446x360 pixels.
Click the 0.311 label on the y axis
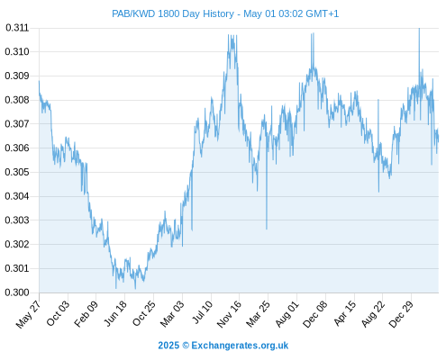point(17,28)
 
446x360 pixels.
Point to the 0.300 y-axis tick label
point(17,292)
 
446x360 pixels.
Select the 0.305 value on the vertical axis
point(17,172)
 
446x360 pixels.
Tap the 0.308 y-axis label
point(17,100)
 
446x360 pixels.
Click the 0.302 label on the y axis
point(17,244)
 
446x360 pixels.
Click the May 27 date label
point(28,314)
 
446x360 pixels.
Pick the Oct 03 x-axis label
point(58,313)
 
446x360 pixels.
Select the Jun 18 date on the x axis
point(115,313)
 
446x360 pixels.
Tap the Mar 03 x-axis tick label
point(171,313)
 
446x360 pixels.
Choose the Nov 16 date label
point(229,314)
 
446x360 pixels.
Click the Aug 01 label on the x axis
point(287,314)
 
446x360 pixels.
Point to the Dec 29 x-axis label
point(400,314)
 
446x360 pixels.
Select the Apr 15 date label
point(344,313)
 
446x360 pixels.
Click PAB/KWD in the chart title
point(133,13)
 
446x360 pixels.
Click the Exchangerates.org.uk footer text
point(240,346)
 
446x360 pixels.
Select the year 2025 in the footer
point(168,346)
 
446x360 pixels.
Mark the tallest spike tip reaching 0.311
point(419,29)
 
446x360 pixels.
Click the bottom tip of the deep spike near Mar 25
point(267,229)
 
